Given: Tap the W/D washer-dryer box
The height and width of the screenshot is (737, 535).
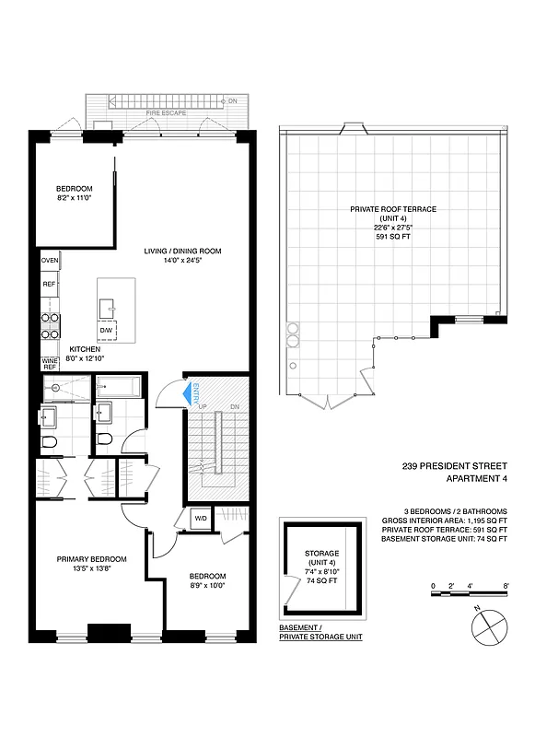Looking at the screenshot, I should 200,519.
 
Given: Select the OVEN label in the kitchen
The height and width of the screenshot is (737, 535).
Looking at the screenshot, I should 50,261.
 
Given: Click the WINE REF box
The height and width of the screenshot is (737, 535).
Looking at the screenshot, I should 50,363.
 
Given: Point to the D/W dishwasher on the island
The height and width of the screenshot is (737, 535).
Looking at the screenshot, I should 106,330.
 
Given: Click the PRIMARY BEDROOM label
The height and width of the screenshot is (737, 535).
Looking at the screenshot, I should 91,559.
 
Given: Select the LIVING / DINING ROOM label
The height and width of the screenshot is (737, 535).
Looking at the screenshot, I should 182,251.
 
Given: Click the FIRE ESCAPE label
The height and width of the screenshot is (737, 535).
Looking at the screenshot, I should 166,112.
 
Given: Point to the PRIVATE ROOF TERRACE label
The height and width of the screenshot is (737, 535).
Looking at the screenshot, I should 392,209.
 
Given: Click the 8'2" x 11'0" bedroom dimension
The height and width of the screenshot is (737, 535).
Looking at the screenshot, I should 76,196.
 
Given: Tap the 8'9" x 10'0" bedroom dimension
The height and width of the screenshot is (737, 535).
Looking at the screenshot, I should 206,585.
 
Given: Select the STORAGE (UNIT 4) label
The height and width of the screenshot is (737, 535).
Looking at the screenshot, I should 321,558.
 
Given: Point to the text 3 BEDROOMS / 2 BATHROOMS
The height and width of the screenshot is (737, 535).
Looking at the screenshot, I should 455,511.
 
